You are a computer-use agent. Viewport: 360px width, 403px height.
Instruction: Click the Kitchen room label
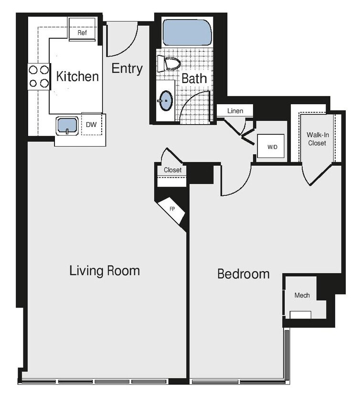pyautogui.click(x=77, y=76)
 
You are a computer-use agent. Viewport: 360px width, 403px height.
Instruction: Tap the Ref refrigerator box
pyautogui.click(x=82, y=33)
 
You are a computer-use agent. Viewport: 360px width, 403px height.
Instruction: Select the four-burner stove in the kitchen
pyautogui.click(x=39, y=76)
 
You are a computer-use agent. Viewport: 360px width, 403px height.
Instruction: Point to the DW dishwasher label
pyautogui.click(x=91, y=125)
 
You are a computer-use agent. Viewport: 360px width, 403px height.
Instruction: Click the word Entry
pyautogui.click(x=127, y=68)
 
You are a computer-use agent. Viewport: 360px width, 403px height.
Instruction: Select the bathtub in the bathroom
pyautogui.click(x=187, y=32)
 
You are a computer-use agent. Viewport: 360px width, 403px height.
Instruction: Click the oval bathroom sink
pyautogui.click(x=166, y=100)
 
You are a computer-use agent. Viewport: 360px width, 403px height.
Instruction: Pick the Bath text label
pyautogui.click(x=194, y=79)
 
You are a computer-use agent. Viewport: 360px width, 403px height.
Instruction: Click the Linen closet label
pyautogui.click(x=235, y=111)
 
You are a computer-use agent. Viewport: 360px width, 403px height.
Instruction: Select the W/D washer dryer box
pyautogui.click(x=272, y=147)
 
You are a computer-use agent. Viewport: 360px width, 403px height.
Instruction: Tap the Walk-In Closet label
pyautogui.click(x=317, y=138)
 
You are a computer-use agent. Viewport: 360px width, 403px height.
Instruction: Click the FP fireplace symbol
pyautogui.click(x=172, y=209)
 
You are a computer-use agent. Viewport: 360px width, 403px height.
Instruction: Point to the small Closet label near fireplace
pyautogui.click(x=172, y=170)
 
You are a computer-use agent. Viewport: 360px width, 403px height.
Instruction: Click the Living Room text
pyautogui.click(x=105, y=271)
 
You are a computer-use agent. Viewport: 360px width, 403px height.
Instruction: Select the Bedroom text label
pyautogui.click(x=243, y=274)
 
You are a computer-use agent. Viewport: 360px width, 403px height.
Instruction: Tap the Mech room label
pyautogui.click(x=302, y=296)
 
